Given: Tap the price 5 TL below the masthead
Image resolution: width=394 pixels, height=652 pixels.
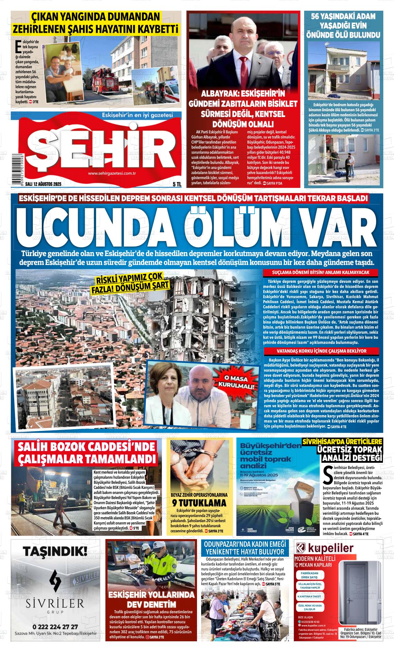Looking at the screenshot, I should [177, 185].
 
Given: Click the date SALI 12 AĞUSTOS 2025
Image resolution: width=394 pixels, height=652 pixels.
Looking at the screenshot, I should [41, 185].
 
